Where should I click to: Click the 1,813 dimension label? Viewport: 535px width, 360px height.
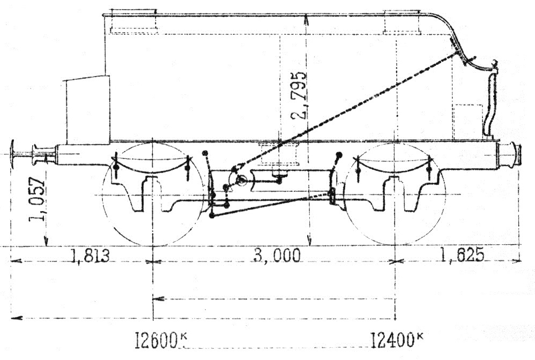point(90,256)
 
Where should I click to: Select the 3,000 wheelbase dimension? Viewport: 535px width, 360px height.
point(277,256)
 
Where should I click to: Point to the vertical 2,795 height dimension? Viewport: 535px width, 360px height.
point(299,95)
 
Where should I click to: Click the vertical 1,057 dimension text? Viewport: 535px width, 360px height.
point(37,199)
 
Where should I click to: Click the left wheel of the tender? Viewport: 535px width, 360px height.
point(153,194)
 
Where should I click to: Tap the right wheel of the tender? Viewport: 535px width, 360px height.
point(395,194)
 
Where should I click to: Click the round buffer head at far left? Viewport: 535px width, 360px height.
point(13,154)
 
